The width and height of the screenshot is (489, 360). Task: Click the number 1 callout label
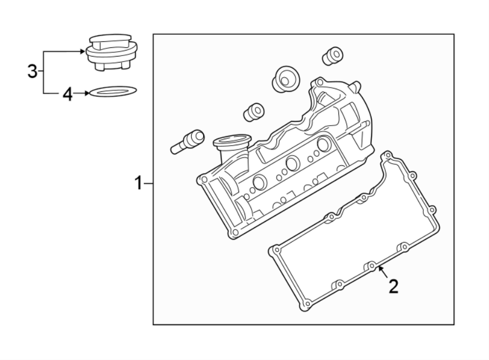tap(139, 184)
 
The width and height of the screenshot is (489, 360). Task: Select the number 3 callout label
tap(33, 71)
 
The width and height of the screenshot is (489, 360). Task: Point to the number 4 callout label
tap(67, 95)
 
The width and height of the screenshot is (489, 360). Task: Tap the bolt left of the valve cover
tap(187, 141)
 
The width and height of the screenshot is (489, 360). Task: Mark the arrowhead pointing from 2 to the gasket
tap(380, 268)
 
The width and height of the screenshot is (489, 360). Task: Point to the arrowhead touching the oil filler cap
tap(83, 51)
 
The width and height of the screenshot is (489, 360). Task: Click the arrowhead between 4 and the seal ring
tap(85, 94)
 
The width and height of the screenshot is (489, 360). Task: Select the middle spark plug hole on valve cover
tap(292, 163)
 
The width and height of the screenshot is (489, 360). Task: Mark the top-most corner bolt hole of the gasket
tap(386, 156)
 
